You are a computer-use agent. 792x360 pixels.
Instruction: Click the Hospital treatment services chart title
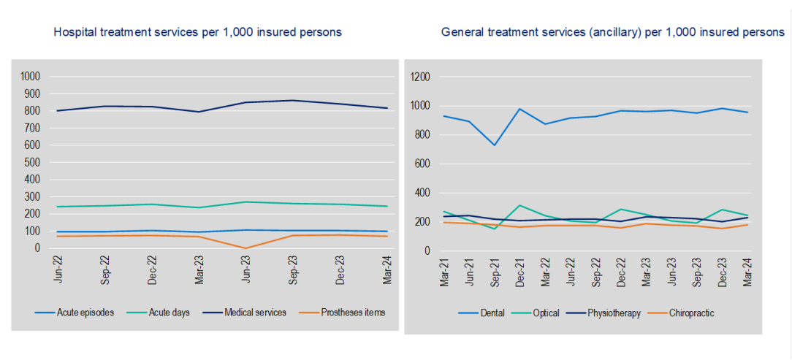197,32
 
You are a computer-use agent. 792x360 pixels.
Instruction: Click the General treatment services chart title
612,32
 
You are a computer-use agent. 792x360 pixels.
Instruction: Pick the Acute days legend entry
166,312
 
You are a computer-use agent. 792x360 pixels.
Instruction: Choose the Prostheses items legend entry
349,312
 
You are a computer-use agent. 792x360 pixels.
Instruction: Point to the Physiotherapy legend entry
611,313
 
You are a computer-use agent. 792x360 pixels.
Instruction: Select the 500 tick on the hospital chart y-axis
34,162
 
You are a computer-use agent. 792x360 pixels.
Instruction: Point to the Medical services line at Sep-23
292,100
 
